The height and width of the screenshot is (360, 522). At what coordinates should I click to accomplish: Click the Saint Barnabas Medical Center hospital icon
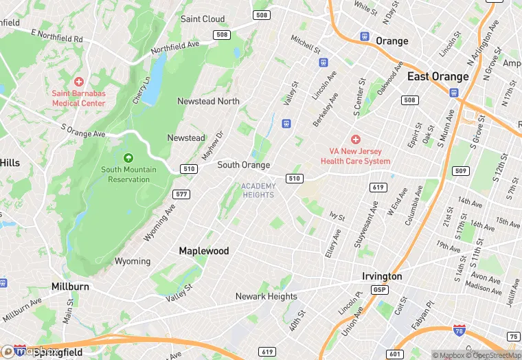click(x=78, y=82)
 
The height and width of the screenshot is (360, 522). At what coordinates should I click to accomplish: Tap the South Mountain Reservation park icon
click(x=128, y=157)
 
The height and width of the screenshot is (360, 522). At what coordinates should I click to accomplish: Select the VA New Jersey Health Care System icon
click(x=356, y=139)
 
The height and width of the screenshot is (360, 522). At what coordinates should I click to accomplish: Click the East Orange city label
click(x=438, y=76)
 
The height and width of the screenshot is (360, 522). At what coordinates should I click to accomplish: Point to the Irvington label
click(x=382, y=276)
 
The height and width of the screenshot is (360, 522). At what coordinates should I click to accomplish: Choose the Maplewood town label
click(x=204, y=251)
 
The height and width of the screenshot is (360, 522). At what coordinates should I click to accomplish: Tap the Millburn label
click(x=70, y=286)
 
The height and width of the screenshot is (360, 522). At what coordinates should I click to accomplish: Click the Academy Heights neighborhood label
click(x=258, y=190)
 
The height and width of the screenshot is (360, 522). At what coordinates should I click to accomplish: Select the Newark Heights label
click(x=266, y=297)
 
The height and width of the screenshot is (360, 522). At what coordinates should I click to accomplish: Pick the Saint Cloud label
click(x=203, y=19)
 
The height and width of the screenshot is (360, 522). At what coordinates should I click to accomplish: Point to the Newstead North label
click(x=208, y=101)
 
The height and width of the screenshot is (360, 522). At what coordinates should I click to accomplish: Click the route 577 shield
click(x=182, y=194)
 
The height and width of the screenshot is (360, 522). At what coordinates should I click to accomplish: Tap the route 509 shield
click(x=461, y=170)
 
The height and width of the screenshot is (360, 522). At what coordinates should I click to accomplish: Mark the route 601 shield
click(x=394, y=354)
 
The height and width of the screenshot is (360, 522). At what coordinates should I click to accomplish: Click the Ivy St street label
click(x=337, y=216)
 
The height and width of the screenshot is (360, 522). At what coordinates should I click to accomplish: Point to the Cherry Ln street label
click(x=142, y=90)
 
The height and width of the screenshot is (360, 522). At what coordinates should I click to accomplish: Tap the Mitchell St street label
click(x=305, y=45)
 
